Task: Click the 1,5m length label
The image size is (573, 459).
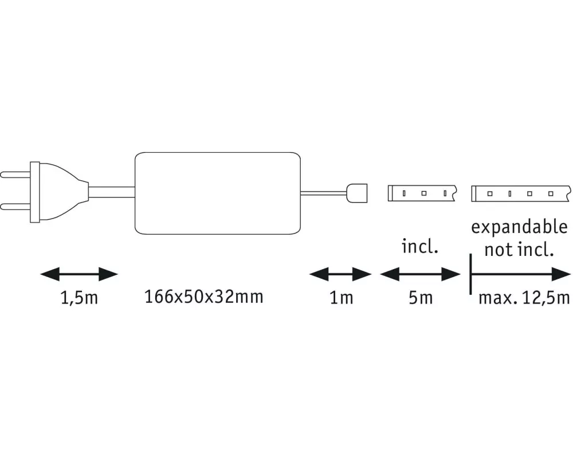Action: [x=79, y=298]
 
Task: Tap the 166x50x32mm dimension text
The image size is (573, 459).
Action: [x=204, y=297]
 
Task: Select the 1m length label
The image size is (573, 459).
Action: [x=342, y=298]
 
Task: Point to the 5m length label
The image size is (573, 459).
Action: [x=421, y=298]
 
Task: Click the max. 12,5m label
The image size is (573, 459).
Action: [x=524, y=298]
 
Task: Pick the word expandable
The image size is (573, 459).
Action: [x=519, y=228]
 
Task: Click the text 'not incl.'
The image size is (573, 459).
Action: [x=519, y=250]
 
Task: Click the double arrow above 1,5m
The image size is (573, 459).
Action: [x=79, y=274]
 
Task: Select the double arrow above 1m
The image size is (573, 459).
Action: [x=340, y=274]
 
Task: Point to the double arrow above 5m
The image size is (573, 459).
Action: [x=420, y=274]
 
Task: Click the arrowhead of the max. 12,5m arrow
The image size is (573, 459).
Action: [x=561, y=274]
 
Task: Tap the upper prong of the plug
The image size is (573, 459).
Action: [x=15, y=174]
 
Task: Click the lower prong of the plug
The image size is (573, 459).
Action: [x=15, y=207]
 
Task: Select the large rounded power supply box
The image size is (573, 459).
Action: [x=217, y=193]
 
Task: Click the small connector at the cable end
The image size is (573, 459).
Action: [x=356, y=193]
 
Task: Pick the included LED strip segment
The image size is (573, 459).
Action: [x=422, y=193]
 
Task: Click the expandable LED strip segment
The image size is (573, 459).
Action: [x=521, y=193]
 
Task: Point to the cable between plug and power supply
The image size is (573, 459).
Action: [x=112, y=192]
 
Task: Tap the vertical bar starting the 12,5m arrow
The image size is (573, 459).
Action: [x=470, y=274]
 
